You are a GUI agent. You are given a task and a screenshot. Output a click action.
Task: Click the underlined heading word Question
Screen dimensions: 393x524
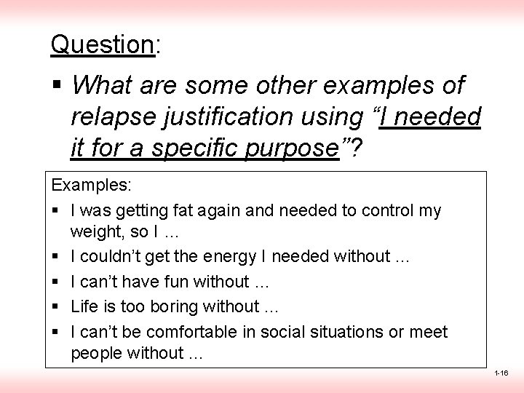pyautogui.click(x=101, y=45)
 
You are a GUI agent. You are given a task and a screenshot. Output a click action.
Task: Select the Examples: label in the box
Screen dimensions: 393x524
pyautogui.click(x=91, y=186)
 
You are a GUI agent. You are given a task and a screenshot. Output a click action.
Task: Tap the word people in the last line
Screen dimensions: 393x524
pyautogui.click(x=97, y=353)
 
